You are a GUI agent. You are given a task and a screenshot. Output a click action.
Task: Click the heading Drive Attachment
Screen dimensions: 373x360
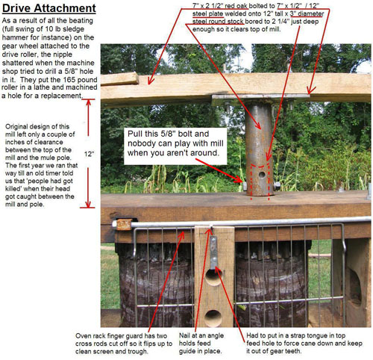click(49, 8)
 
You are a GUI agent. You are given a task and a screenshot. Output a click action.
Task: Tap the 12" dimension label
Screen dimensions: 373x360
click(89, 154)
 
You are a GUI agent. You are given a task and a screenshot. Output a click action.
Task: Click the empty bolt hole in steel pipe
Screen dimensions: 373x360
click(262, 175)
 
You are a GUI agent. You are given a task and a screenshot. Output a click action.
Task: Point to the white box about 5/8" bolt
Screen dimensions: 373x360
click(175, 146)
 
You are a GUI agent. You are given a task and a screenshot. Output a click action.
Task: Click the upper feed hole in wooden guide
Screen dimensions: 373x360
click(213, 277)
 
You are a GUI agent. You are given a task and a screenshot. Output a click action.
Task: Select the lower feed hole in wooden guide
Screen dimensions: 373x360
click(213, 318)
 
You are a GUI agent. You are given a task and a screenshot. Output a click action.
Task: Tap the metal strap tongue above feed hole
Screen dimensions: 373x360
click(214, 252)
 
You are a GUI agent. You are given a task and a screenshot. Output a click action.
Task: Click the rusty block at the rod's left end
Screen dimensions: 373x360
click(124, 224)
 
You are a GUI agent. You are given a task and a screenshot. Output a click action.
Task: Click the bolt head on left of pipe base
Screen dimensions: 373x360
click(244, 185)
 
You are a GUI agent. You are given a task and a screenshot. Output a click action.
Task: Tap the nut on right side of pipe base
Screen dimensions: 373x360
click(277, 185)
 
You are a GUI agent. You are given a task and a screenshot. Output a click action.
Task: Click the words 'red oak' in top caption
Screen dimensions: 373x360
click(236, 6)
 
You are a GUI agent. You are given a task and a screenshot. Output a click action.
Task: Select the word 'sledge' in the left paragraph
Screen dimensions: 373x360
click(74, 29)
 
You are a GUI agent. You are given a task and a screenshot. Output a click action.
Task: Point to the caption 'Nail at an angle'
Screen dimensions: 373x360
click(201, 335)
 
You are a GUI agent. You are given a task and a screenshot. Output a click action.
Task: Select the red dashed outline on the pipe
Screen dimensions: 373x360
click(260, 181)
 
